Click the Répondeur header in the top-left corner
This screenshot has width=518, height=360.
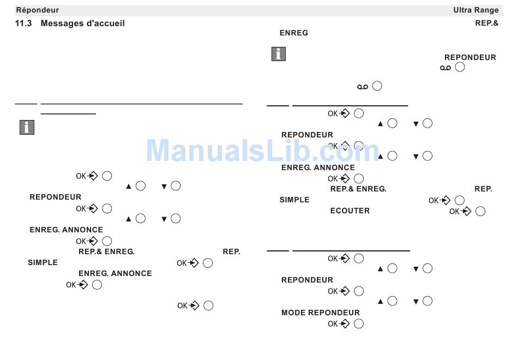37,10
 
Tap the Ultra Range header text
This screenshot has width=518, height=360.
475,10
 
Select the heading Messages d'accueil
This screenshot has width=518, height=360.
82,23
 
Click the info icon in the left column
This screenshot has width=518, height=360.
27,127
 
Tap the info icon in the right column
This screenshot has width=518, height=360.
279,54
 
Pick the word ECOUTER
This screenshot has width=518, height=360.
350,211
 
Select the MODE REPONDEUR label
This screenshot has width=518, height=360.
321,313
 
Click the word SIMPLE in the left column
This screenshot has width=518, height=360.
43,262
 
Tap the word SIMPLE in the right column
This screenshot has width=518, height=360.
294,200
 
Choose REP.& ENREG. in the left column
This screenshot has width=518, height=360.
106,251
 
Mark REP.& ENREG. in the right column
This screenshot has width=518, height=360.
358,189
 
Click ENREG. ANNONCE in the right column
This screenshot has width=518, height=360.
318,167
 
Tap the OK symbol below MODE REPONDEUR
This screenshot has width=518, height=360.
339,324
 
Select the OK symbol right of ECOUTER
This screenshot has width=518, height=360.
460,212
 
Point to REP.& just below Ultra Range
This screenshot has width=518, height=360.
487,23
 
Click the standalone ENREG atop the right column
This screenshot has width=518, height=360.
294,33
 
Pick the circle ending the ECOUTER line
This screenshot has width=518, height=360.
480,212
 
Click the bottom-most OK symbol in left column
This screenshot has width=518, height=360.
188,306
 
